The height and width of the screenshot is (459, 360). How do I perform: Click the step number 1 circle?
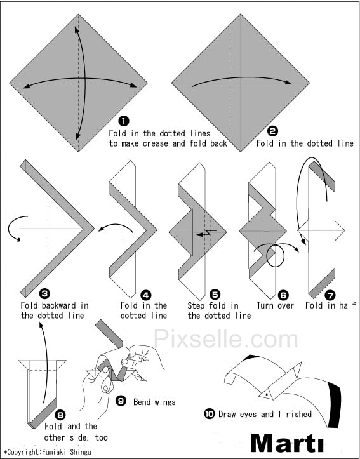pos(124,121)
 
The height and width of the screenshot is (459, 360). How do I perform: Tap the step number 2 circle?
pos(272,131)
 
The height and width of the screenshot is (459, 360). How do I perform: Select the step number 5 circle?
pos(215,295)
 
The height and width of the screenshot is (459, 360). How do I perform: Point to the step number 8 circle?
pos(60,415)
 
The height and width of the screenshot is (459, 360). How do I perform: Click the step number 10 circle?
pos(210,414)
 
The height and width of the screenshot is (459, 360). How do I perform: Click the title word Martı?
pos(288,443)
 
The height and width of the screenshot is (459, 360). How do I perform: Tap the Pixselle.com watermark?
pos(225,338)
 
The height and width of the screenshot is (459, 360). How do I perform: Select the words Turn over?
pos(275,305)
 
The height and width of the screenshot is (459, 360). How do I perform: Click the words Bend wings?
pos(154,402)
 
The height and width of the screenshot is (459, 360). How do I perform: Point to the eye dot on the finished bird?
pos(266,394)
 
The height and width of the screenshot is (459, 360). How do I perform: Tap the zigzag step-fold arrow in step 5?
pos(207,233)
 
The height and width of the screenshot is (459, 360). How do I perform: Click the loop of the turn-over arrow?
pos(276,256)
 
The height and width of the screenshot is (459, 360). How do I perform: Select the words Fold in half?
pos(331,305)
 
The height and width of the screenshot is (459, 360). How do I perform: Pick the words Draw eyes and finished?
pos(265,414)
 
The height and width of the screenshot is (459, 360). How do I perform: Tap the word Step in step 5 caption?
pos(196,306)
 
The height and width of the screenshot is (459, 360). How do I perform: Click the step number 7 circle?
pos(331,295)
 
